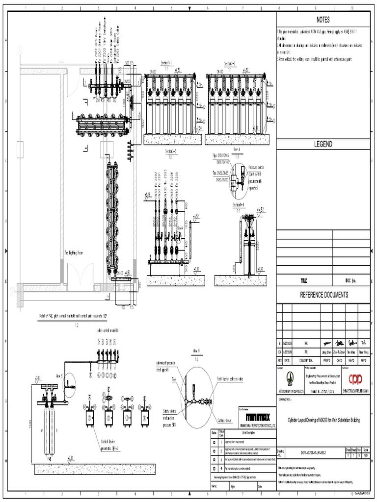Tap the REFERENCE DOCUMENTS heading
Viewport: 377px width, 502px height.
(x=323, y=295)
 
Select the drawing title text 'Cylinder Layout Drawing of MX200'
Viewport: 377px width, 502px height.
(x=323, y=420)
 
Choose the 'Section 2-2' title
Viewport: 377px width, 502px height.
(x=230, y=63)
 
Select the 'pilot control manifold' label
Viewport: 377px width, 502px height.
(x=108, y=330)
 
